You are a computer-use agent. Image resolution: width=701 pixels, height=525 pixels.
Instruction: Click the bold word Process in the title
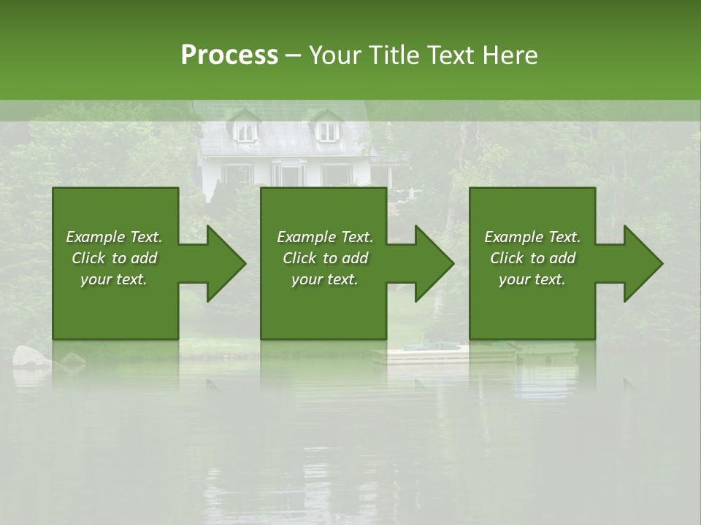229,55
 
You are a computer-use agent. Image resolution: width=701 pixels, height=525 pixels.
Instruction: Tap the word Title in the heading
394,55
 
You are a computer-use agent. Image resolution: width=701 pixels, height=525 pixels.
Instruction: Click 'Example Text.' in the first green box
114,237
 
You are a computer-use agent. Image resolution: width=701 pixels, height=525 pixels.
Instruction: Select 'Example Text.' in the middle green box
325,237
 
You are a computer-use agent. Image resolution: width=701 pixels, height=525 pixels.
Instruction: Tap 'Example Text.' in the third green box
532,237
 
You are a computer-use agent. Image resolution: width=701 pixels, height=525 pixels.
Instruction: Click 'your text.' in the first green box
114,279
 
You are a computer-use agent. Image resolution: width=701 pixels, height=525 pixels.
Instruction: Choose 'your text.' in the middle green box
325,279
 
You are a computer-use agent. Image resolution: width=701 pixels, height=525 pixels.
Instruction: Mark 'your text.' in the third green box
532,279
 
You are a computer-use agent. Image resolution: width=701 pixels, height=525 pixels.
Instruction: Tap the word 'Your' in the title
334,55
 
